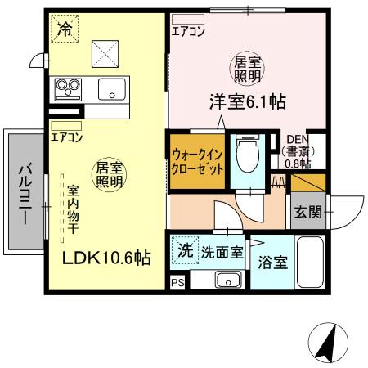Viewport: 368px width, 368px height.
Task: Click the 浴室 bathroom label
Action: point(272,263)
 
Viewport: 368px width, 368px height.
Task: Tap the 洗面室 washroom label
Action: point(222,253)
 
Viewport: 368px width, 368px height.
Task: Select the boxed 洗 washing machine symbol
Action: point(186,252)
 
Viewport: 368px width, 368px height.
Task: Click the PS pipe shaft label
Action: point(177,282)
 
